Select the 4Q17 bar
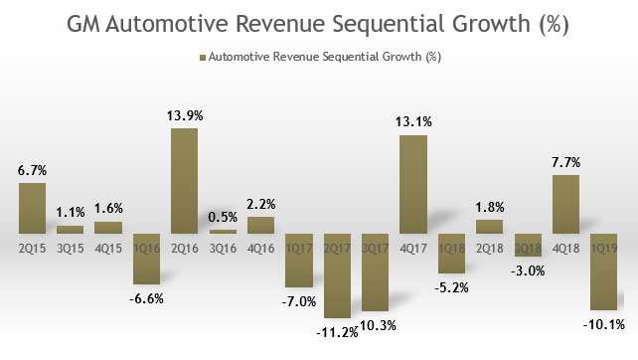click(x=412, y=184)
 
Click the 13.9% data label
click(x=184, y=116)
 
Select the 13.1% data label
click(x=412, y=123)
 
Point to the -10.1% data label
click(x=605, y=323)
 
